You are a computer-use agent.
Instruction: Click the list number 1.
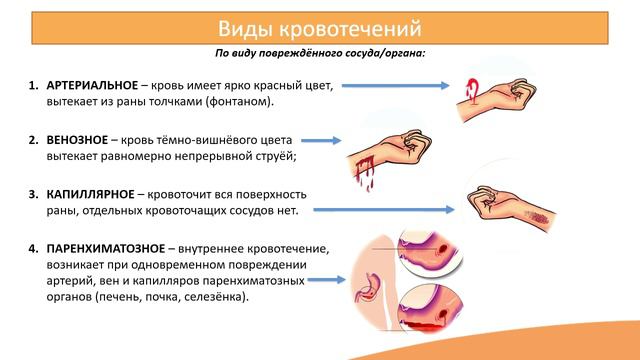(32, 86)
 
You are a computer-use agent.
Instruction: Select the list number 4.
(32, 246)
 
